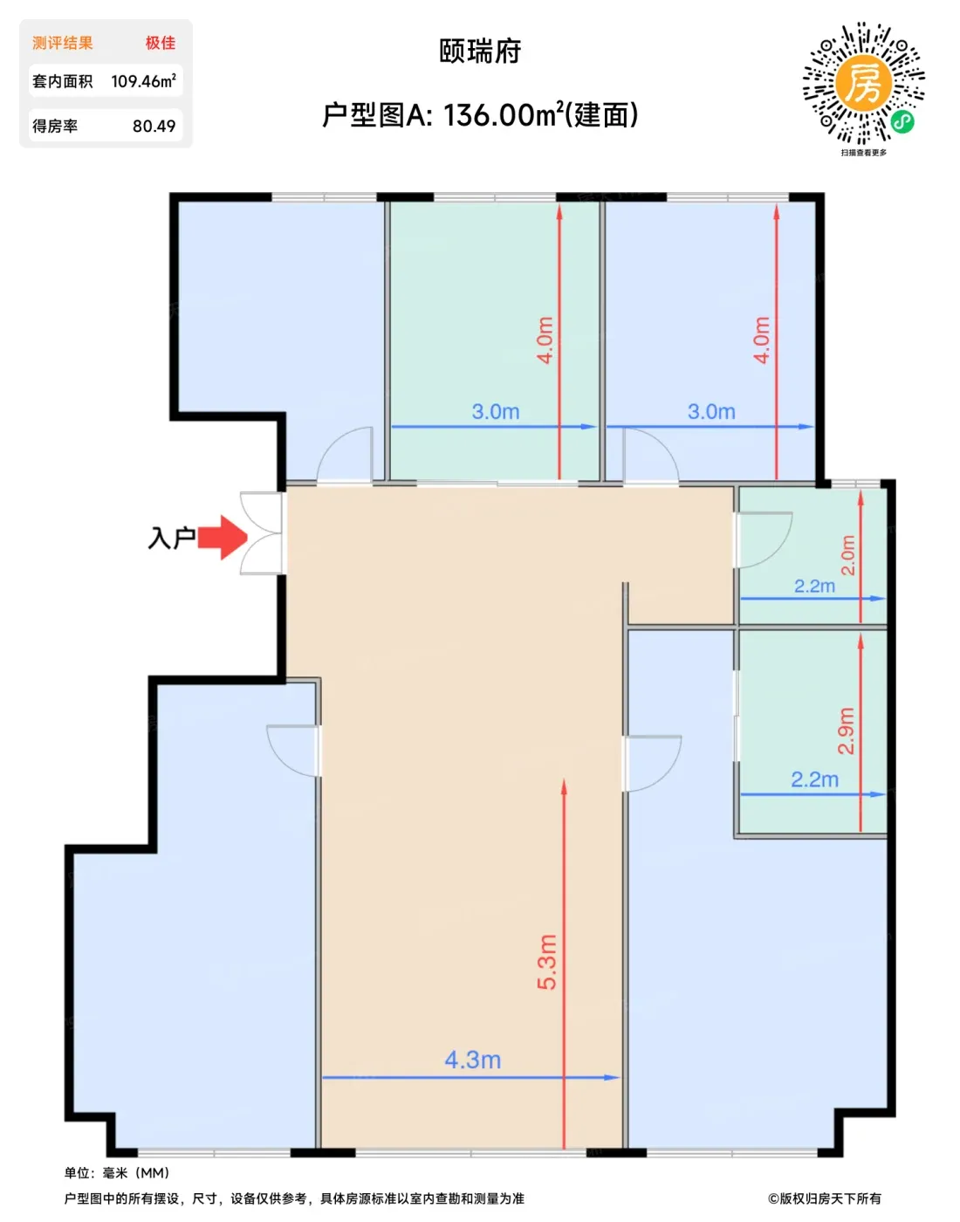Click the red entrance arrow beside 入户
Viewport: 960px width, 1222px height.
(223, 538)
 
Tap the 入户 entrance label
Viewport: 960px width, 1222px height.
(171, 539)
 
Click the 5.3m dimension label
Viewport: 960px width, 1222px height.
(547, 962)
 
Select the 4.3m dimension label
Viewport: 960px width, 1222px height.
(473, 1060)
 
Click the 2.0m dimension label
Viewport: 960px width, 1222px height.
(847, 555)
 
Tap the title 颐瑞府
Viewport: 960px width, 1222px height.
(480, 51)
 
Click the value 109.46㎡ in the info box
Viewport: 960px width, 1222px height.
(143, 81)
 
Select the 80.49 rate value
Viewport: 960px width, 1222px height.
(154, 126)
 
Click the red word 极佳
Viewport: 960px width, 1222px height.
(161, 43)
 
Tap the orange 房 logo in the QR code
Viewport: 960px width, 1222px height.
(863, 84)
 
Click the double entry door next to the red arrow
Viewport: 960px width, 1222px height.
(262, 533)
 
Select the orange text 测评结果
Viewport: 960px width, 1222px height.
(62, 43)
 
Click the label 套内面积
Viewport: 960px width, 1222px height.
(62, 81)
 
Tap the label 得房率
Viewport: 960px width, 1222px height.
(55, 126)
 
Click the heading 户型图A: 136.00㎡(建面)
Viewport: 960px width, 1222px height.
(480, 115)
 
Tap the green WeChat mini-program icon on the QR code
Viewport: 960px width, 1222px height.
(902, 121)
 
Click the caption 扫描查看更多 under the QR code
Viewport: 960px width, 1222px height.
(864, 153)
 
